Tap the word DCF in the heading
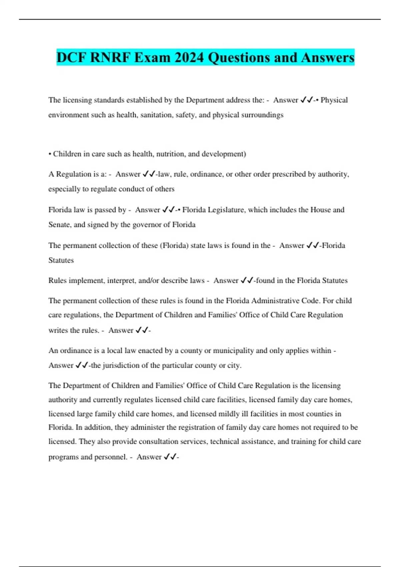(71, 57)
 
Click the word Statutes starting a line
(61, 260)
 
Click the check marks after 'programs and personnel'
(170, 457)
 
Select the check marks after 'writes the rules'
(141, 330)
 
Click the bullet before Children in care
(50, 154)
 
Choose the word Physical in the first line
(334, 100)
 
